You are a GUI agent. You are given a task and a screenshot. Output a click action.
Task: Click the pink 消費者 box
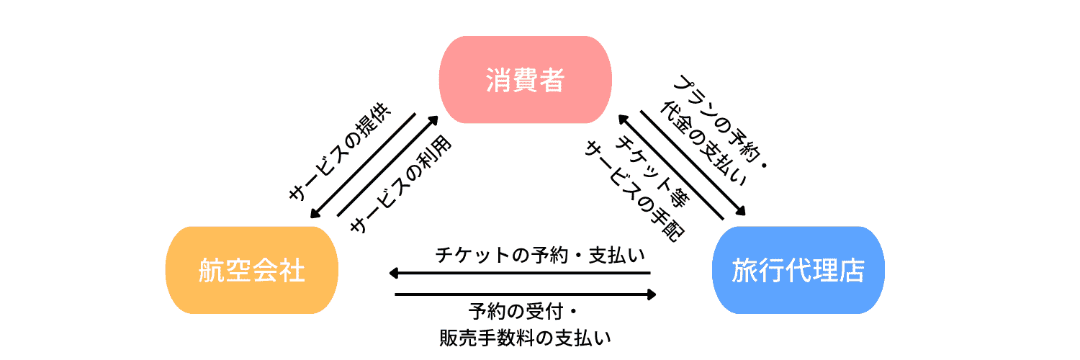[525, 80]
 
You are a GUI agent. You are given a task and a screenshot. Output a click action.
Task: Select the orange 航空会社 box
[251, 271]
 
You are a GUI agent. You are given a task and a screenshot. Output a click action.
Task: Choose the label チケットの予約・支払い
[540, 255]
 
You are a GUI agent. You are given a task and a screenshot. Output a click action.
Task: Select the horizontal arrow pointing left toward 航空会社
[518, 273]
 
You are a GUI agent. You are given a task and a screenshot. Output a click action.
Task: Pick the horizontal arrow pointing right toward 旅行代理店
[526, 294]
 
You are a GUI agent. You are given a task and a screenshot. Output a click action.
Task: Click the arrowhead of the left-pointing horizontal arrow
[393, 273]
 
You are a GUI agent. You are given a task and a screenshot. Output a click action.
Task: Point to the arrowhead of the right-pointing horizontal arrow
[652, 294]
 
